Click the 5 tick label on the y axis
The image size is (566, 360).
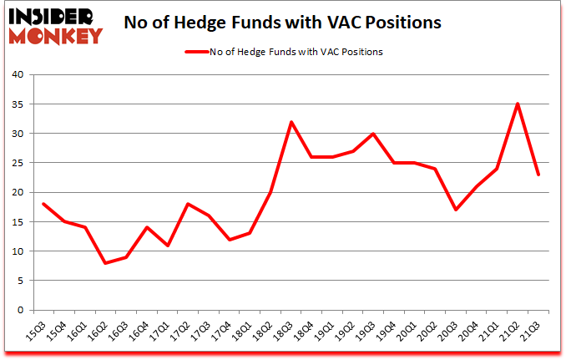[19, 281]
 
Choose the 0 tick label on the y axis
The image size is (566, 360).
[19, 310]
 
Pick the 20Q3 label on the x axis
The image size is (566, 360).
[457, 332]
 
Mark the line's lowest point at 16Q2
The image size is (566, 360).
[106, 263]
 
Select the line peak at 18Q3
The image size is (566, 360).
[290, 122]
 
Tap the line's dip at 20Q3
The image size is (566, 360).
[456, 210]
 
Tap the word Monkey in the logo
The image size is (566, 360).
[57, 35]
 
